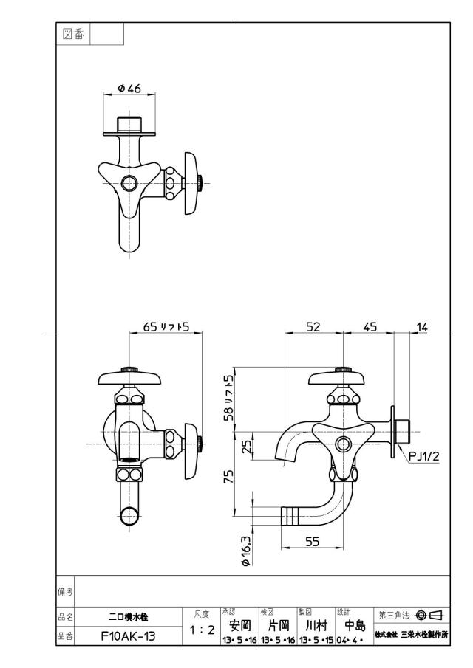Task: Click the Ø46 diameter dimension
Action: [129, 88]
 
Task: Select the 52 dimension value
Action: [313, 327]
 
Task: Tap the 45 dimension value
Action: [370, 327]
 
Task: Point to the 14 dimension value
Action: [421, 327]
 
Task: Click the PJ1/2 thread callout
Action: [423, 457]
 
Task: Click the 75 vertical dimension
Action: [229, 476]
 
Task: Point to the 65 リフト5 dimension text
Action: [166, 327]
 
